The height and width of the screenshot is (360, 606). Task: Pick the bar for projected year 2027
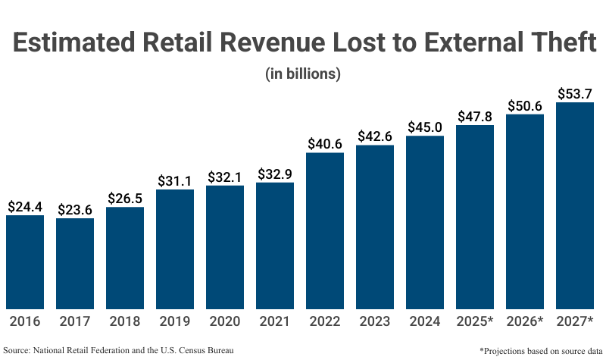coord(575,204)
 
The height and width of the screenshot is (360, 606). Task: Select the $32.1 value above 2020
coord(225,177)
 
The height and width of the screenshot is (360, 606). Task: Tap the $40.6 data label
coord(325,143)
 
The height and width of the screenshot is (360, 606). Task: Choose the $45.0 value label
coord(425,127)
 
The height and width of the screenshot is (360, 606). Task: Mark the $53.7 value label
coord(575,93)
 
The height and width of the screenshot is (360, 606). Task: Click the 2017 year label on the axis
coord(75,322)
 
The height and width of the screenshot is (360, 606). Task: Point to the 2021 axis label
coord(275,322)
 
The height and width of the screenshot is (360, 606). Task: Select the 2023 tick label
coord(375,322)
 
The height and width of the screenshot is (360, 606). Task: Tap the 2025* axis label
coord(475,322)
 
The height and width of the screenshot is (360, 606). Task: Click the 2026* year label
coord(525,322)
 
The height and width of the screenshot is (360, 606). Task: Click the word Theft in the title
coord(551,43)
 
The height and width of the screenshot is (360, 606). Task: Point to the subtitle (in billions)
coord(303,74)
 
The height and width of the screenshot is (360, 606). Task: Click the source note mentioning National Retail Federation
coord(118,350)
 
